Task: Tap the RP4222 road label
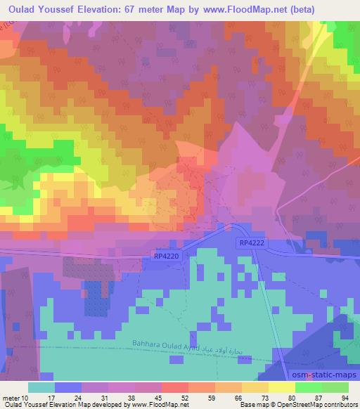[x=250, y=242]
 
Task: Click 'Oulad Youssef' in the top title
[x=38, y=8]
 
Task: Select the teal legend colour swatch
[x=41, y=387]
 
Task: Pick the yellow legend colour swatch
[x=282, y=387]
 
